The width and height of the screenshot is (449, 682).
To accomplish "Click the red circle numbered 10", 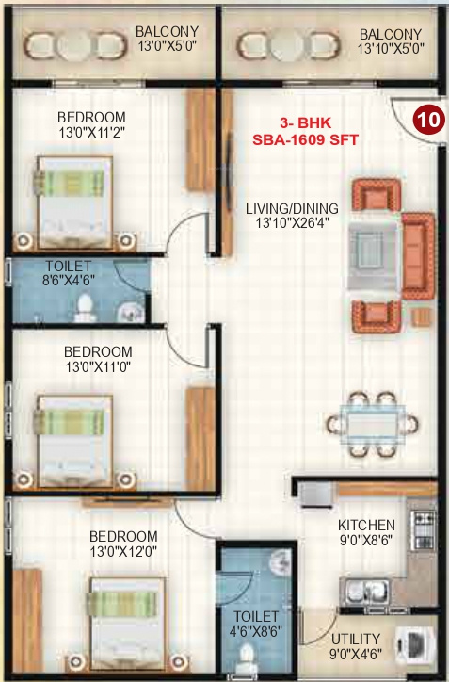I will pyautogui.click(x=428, y=121).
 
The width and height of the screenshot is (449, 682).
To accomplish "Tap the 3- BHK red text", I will pyautogui.click(x=304, y=123).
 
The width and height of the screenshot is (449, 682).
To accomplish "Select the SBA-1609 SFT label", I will pyautogui.click(x=304, y=140).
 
